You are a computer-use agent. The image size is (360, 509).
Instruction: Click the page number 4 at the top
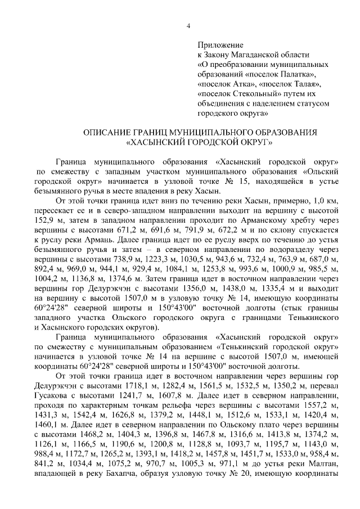[x=188, y=25]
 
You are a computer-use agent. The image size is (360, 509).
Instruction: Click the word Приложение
[x=220, y=44]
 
